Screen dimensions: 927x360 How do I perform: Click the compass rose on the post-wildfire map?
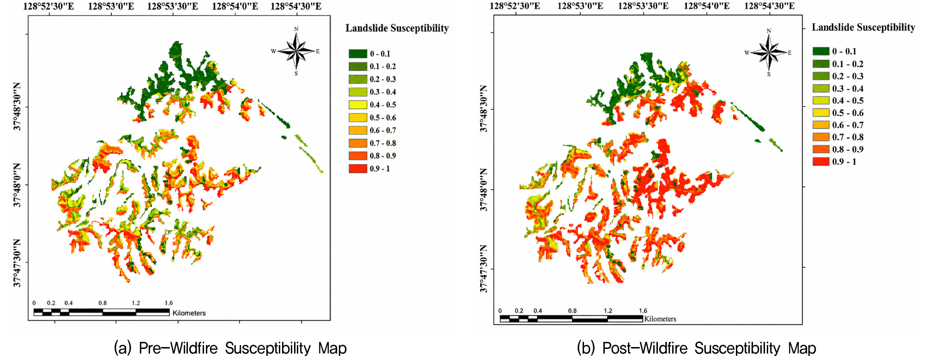769,52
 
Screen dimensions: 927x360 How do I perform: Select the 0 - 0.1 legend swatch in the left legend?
358,54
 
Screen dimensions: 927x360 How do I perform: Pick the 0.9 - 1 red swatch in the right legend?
821,162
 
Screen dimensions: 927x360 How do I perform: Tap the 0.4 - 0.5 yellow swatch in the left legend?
358,105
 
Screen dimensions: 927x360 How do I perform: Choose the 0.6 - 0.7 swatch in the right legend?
821,125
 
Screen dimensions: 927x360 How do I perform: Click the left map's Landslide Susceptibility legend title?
397,28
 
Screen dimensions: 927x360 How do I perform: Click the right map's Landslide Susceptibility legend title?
863,27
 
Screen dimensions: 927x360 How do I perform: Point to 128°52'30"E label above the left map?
48,6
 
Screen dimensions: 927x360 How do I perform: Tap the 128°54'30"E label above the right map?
769,6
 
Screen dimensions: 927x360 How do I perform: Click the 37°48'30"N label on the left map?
17,107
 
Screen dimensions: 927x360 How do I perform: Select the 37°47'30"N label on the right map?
483,269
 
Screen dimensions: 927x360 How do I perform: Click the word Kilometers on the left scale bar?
189,313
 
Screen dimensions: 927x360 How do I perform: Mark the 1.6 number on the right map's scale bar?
643,311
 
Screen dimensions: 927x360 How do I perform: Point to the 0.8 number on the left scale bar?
102,303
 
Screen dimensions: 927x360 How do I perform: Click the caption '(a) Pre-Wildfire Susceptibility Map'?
230,348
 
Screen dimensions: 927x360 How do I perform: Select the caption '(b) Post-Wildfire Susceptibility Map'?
697,348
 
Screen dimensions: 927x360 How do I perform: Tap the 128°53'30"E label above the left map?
173,6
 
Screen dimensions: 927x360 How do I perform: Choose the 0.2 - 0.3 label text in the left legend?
383,79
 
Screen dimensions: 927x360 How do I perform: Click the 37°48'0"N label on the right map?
483,189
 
